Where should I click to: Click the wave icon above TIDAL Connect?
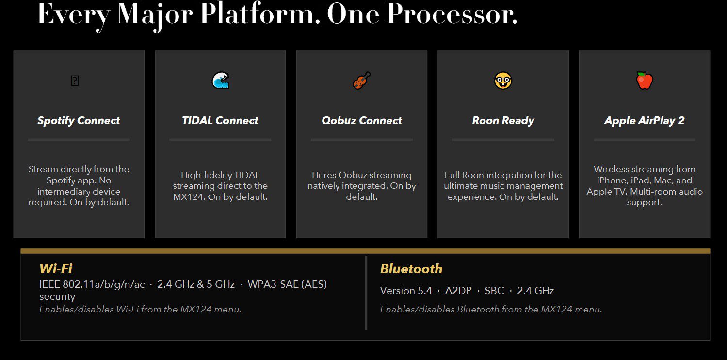[221, 81]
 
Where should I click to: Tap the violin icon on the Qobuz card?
[361, 81]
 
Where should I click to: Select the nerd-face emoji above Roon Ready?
[503, 81]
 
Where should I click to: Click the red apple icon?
[645, 81]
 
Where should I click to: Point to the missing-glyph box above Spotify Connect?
[75, 81]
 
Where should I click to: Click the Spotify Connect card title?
[79, 121]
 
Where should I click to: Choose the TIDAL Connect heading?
[220, 121]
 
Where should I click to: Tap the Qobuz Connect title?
[361, 121]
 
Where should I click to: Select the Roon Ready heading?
[503, 121]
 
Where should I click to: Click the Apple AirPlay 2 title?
[644, 121]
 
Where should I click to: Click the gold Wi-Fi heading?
[56, 268]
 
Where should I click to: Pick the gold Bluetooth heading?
[411, 269]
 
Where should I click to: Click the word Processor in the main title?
[452, 14]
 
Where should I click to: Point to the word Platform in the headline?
[260, 14]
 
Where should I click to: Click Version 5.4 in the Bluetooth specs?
[405, 291]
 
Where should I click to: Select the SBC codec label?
[494, 291]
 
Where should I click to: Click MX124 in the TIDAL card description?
[188, 197]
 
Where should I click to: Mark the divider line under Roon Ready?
[503, 140]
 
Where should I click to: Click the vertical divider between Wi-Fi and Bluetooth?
[366, 293]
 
